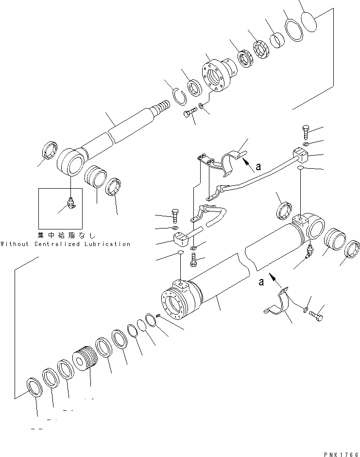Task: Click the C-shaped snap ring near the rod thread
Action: click(x=179, y=94)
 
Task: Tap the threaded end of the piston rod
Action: click(x=162, y=107)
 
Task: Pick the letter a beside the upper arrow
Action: click(x=258, y=166)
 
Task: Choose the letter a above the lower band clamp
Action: click(x=262, y=281)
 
